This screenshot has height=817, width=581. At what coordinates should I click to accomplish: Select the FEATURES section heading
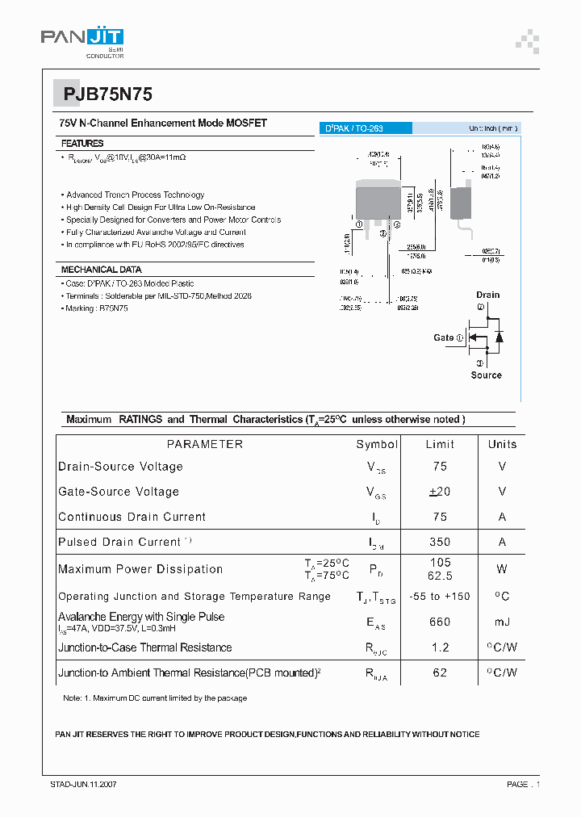[x=82, y=143]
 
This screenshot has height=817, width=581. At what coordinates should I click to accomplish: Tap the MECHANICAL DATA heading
[x=101, y=270]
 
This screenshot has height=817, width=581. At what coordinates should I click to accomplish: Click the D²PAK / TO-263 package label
[x=354, y=128]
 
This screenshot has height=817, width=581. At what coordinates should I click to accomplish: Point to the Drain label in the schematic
[x=487, y=295]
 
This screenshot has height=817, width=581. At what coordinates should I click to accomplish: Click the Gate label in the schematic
[x=444, y=337]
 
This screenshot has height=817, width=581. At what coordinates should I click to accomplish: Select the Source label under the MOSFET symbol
[x=486, y=375]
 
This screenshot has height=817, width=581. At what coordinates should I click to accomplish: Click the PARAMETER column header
[x=204, y=444]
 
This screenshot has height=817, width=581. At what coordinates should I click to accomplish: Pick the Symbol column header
[x=377, y=444]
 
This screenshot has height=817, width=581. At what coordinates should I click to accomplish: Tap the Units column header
[x=502, y=444]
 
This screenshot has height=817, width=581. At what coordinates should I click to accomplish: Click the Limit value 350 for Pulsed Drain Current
[x=440, y=542]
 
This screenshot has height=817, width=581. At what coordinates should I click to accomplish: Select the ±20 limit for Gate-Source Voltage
[x=440, y=492]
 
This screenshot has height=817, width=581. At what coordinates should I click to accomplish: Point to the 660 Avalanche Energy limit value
[x=440, y=622]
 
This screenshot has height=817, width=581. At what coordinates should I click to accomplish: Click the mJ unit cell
[x=502, y=622]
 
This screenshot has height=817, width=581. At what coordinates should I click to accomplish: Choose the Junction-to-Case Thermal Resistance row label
[x=144, y=647]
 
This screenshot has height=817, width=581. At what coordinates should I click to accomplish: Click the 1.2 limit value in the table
[x=440, y=647]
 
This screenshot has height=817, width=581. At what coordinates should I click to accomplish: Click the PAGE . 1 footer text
[x=523, y=784]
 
